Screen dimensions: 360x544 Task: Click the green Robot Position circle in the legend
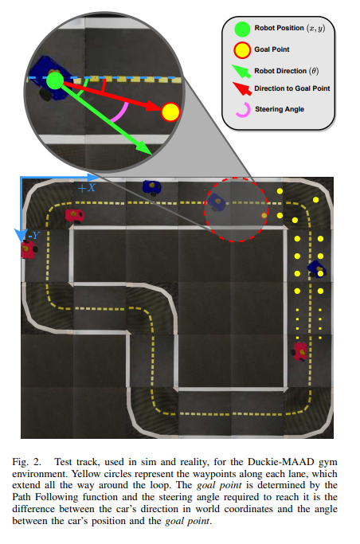(242, 29)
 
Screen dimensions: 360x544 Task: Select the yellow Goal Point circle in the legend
(242, 50)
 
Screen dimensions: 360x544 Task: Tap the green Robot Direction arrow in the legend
(241, 71)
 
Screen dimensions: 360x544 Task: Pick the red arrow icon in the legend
(242, 88)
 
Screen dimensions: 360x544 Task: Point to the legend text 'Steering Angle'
(280, 109)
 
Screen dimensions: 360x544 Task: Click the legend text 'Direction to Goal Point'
(292, 88)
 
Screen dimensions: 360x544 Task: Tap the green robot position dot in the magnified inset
(55, 80)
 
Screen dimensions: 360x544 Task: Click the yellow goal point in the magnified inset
(170, 112)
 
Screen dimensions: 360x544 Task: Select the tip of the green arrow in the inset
(151, 155)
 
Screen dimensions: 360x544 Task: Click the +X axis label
(86, 188)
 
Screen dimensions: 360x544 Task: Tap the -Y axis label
(34, 236)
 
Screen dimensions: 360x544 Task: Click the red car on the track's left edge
(29, 250)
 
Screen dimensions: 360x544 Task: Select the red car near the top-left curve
(75, 216)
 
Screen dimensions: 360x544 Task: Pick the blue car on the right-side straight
(317, 269)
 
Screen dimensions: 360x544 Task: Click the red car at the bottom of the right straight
(299, 351)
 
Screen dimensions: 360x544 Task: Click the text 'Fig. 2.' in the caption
(26, 462)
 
